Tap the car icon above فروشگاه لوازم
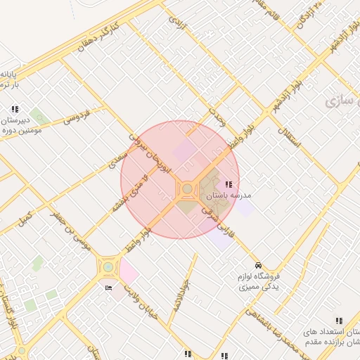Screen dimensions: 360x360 click(x=259, y=265)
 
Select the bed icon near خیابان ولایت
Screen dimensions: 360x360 click(x=108, y=288)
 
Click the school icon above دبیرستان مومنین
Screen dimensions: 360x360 click(x=15, y=109)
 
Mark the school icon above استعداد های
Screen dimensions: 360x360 click(x=339, y=321)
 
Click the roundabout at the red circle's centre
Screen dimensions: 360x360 click(x=187, y=188)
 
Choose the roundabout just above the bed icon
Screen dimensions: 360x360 click(x=108, y=266)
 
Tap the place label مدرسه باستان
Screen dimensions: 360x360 click(x=240, y=195)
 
